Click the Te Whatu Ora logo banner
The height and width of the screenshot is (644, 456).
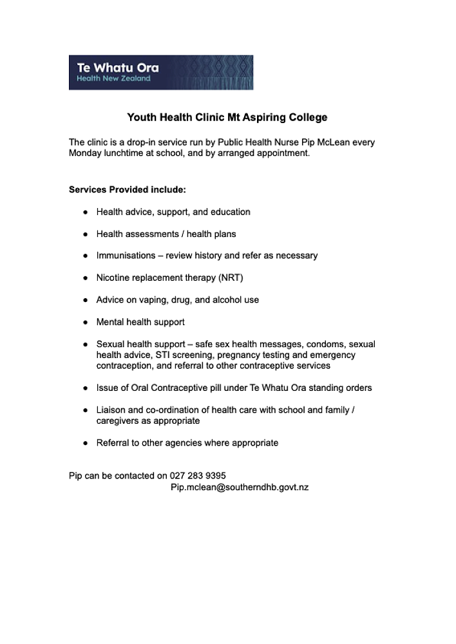pyautogui.click(x=160, y=72)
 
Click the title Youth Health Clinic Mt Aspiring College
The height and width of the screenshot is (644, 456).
pyautogui.click(x=227, y=117)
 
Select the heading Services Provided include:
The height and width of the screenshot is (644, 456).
pyautogui.click(x=128, y=190)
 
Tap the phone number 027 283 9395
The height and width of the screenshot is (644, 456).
pyautogui.click(x=198, y=476)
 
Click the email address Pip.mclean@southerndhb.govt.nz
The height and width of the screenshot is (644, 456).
pyautogui.click(x=239, y=488)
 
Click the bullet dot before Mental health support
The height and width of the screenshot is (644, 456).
pyautogui.click(x=85, y=322)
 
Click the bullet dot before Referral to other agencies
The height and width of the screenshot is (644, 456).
pyautogui.click(x=85, y=443)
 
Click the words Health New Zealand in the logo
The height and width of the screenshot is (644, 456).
pyautogui.click(x=113, y=79)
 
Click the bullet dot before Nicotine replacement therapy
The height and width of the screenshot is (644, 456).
pyautogui.click(x=85, y=278)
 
